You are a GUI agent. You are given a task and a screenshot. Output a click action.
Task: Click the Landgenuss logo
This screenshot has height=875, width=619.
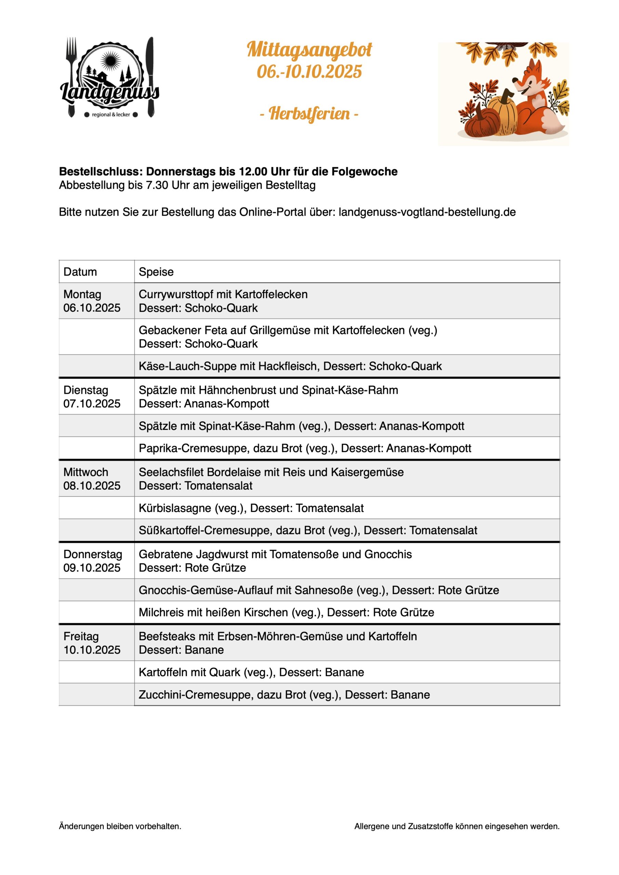pyautogui.click(x=109, y=78)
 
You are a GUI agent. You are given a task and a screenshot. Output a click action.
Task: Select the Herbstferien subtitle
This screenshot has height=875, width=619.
pyautogui.click(x=309, y=113)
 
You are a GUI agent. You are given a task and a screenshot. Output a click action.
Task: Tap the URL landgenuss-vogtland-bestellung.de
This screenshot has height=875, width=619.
pyautogui.click(x=427, y=212)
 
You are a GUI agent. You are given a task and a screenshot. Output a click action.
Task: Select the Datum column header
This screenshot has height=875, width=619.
pyautogui.click(x=80, y=272)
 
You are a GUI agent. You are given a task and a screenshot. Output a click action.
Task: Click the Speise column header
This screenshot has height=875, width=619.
pyautogui.click(x=156, y=272)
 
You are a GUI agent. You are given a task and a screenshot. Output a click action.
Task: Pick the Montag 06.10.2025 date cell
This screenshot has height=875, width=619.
pyautogui.click(x=92, y=301)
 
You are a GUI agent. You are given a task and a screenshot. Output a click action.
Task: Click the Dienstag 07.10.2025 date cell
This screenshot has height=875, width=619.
pyautogui.click(x=92, y=397)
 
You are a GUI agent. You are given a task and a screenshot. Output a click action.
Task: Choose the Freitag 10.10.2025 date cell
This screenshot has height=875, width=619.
pyautogui.click(x=92, y=643)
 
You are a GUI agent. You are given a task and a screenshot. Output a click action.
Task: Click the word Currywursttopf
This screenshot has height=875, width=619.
pyautogui.click(x=185, y=294)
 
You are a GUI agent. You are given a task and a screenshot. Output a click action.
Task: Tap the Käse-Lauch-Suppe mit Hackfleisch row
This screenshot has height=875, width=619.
pyautogui.click(x=290, y=366)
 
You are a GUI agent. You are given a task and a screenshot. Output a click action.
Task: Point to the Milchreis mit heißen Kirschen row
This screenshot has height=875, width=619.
pyautogui.click(x=286, y=612)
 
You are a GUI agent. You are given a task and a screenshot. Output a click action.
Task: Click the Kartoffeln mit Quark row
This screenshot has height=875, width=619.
pyautogui.click(x=251, y=672)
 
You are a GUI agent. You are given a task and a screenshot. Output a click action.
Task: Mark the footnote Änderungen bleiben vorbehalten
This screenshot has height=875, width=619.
pyautogui.click(x=120, y=826)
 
